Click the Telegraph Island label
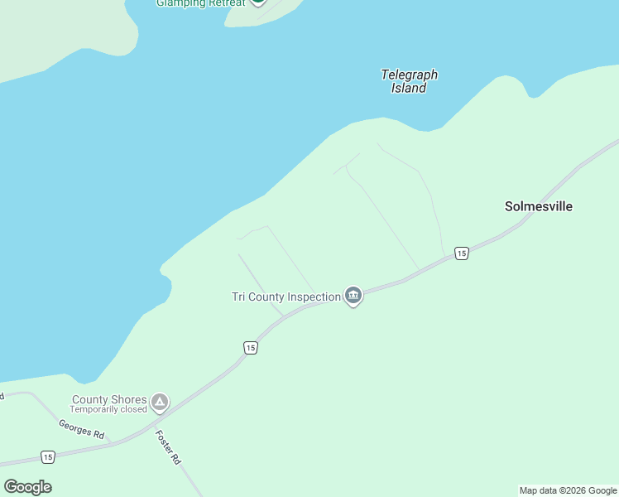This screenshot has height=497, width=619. (409, 81)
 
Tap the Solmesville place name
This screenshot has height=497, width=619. (539, 206)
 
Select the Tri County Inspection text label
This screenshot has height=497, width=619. (286, 297)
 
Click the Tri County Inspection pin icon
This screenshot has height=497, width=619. (353, 296)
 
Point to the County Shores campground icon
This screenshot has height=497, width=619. (160, 403)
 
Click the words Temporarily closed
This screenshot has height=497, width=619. (108, 409)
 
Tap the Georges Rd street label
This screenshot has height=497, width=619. (81, 428)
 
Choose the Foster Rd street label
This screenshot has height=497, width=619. (168, 446)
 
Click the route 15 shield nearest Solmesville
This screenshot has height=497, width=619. (462, 253)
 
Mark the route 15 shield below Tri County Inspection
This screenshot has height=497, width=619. (251, 348)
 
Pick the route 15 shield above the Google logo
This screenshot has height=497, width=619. (48, 457)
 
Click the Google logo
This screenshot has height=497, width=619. (27, 487)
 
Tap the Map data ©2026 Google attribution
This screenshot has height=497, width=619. (569, 490)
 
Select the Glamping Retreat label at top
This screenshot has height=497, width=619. (201, 3)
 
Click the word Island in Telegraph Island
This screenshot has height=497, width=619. (409, 88)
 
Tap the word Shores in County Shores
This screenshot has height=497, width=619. (129, 399)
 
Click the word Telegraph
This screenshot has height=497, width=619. (409, 75)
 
